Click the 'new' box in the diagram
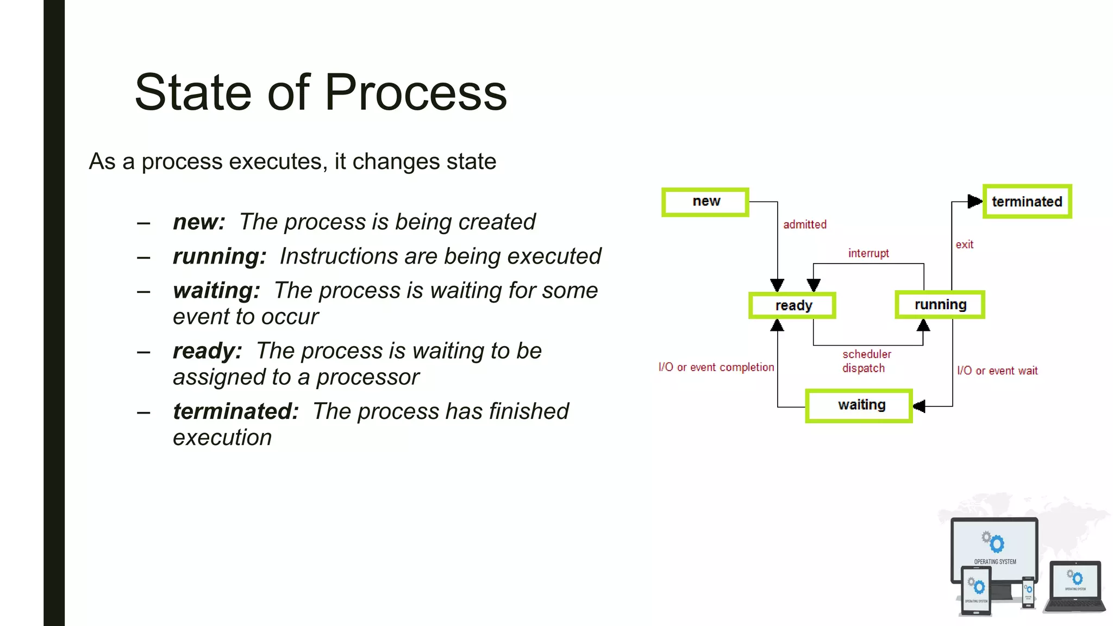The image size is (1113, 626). click(x=705, y=202)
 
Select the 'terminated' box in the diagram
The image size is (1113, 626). click(x=1027, y=202)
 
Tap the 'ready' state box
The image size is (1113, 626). click(x=792, y=305)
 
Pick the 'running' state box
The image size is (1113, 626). click(x=940, y=305)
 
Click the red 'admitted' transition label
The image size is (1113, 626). click(x=804, y=224)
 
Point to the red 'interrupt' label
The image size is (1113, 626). click(x=868, y=253)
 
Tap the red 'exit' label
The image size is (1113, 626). click(x=964, y=245)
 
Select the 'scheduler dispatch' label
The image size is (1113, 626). click(x=866, y=361)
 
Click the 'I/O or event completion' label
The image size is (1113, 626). click(x=716, y=367)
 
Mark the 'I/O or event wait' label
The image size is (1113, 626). click(x=997, y=371)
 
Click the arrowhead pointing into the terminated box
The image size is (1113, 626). click(x=975, y=202)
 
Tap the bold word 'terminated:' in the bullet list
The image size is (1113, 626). click(x=235, y=411)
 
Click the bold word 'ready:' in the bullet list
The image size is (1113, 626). click(x=207, y=351)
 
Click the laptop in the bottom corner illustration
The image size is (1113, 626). click(x=1074, y=587)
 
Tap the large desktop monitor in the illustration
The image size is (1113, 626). click(x=995, y=549)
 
